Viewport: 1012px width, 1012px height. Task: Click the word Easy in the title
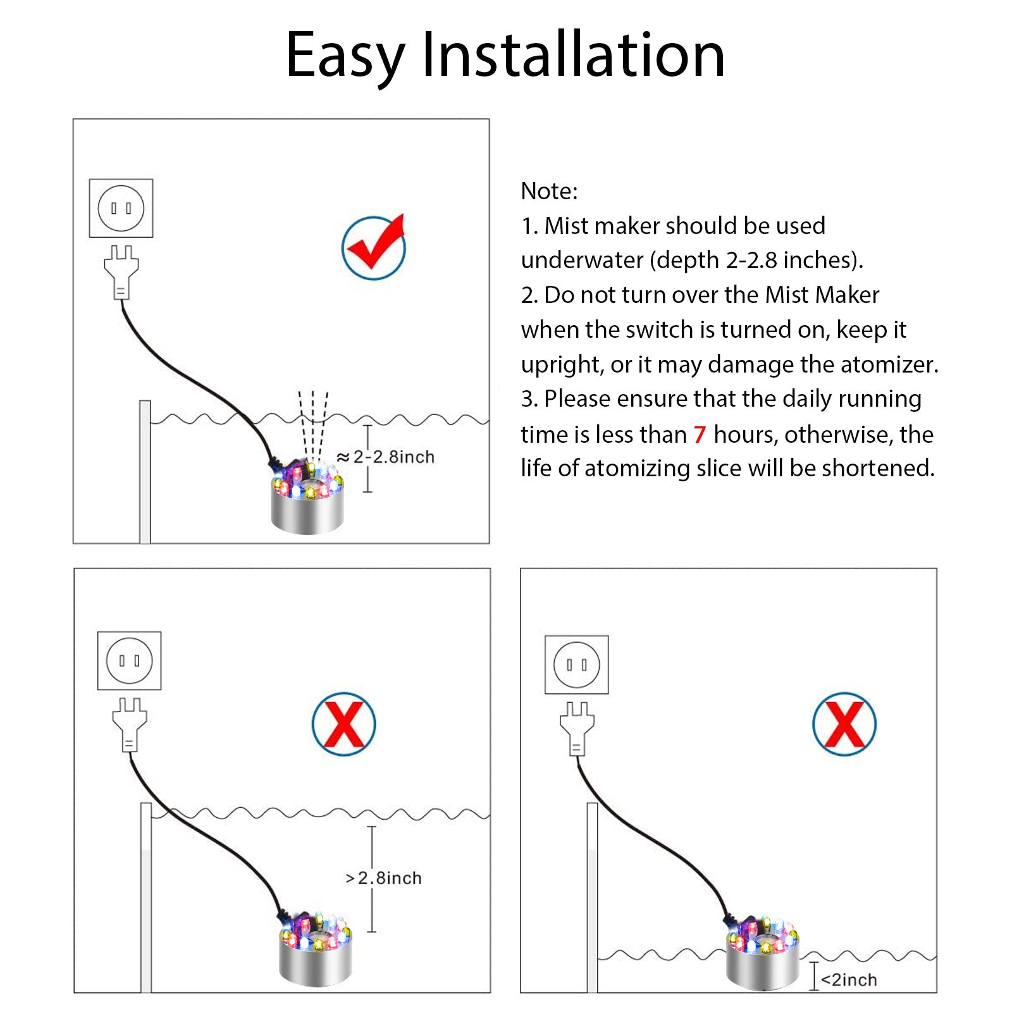[345, 57]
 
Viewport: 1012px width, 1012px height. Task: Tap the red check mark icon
[374, 247]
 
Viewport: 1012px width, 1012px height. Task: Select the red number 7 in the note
[699, 435]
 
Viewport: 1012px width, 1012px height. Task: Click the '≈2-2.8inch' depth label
[386, 457]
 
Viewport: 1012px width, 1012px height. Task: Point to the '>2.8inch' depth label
[384, 878]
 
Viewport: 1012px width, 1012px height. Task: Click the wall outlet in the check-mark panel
[121, 208]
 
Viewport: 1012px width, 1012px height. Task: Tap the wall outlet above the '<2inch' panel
[576, 665]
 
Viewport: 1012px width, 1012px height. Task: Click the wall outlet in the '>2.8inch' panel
[129, 660]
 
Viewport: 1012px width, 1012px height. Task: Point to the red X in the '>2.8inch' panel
[343, 724]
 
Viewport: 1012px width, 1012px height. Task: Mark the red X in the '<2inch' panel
[844, 724]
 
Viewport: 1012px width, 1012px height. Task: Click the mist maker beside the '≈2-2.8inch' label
[307, 499]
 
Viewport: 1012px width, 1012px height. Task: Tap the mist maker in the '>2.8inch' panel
[316, 949]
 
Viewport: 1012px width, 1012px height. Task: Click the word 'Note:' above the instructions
[549, 191]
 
